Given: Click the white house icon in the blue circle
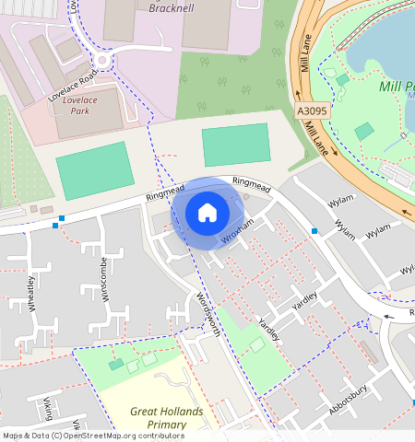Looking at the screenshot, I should coord(207,213).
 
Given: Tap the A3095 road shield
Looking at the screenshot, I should coord(312,111).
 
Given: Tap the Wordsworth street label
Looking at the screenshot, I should coord(207,314).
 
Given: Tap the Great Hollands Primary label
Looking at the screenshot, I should coord(160,418).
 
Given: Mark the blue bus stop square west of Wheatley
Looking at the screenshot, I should coord(60,221).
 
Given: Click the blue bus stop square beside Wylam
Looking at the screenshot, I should coord(314,230).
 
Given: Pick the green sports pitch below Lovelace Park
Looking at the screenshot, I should coord(94,169).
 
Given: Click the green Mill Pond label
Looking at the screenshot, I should coord(397,88).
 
